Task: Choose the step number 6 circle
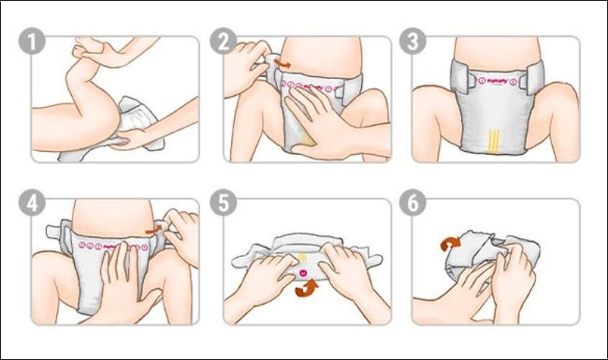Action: (412, 203)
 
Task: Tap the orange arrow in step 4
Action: (152, 230)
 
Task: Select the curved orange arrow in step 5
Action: (307, 288)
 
